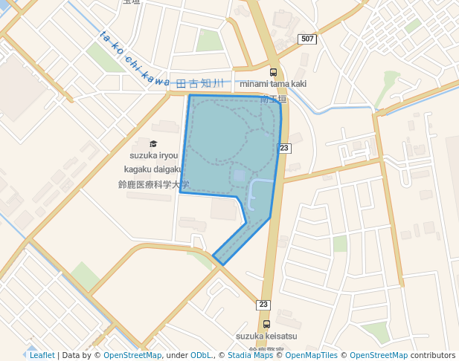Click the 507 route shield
[306, 39]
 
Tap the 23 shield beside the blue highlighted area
[284, 149]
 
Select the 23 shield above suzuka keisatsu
[263, 305]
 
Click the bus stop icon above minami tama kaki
[273, 73]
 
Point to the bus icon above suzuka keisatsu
[266, 325]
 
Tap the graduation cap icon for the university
[153, 144]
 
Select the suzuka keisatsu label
[266, 336]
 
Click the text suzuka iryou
[154, 156]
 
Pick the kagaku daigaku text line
[154, 169]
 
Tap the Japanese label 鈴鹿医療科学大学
[154, 184]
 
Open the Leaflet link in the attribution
[42, 355]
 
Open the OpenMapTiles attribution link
[312, 355]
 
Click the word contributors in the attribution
[433, 355]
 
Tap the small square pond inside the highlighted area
[239, 176]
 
